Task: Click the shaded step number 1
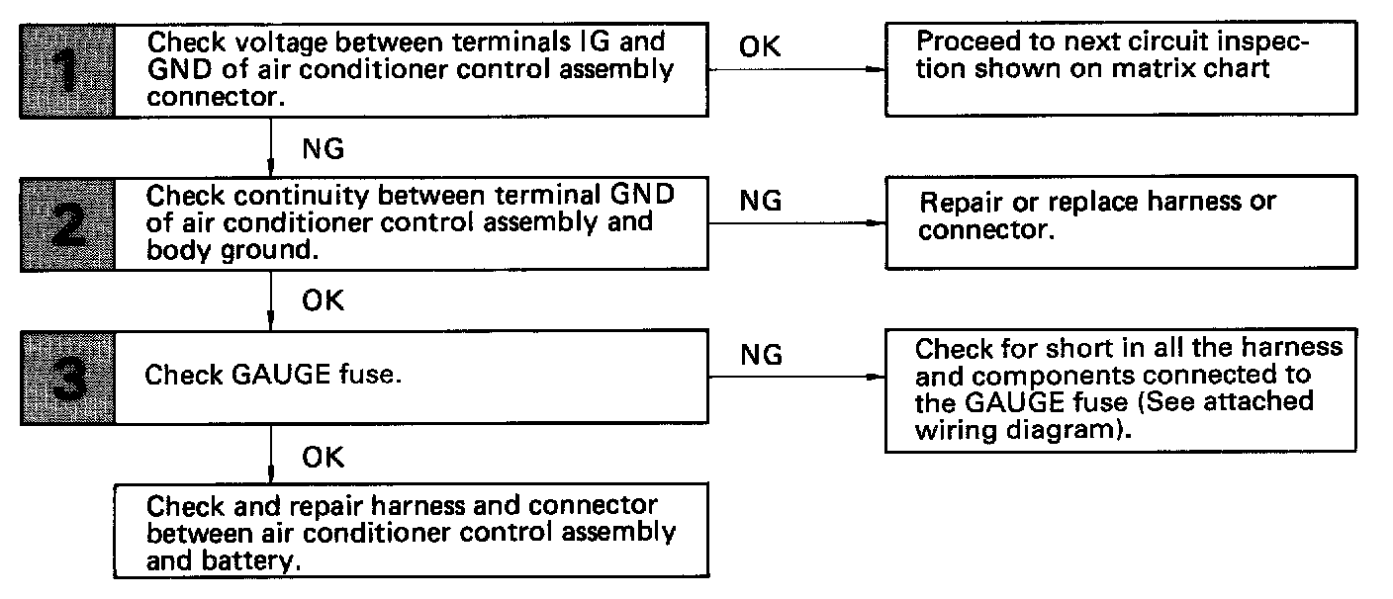point(67,71)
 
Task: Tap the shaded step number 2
point(67,224)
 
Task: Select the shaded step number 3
point(67,378)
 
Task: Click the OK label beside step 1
point(759,46)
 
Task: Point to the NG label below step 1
point(323,149)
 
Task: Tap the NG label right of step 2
point(760,201)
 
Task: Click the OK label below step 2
point(323,300)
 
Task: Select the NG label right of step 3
point(761,355)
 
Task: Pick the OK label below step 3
point(323,458)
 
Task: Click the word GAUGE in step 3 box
point(280,375)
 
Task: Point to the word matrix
point(1146,68)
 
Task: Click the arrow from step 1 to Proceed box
point(796,69)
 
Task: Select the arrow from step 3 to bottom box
point(270,454)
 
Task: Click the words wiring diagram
point(1017,430)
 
